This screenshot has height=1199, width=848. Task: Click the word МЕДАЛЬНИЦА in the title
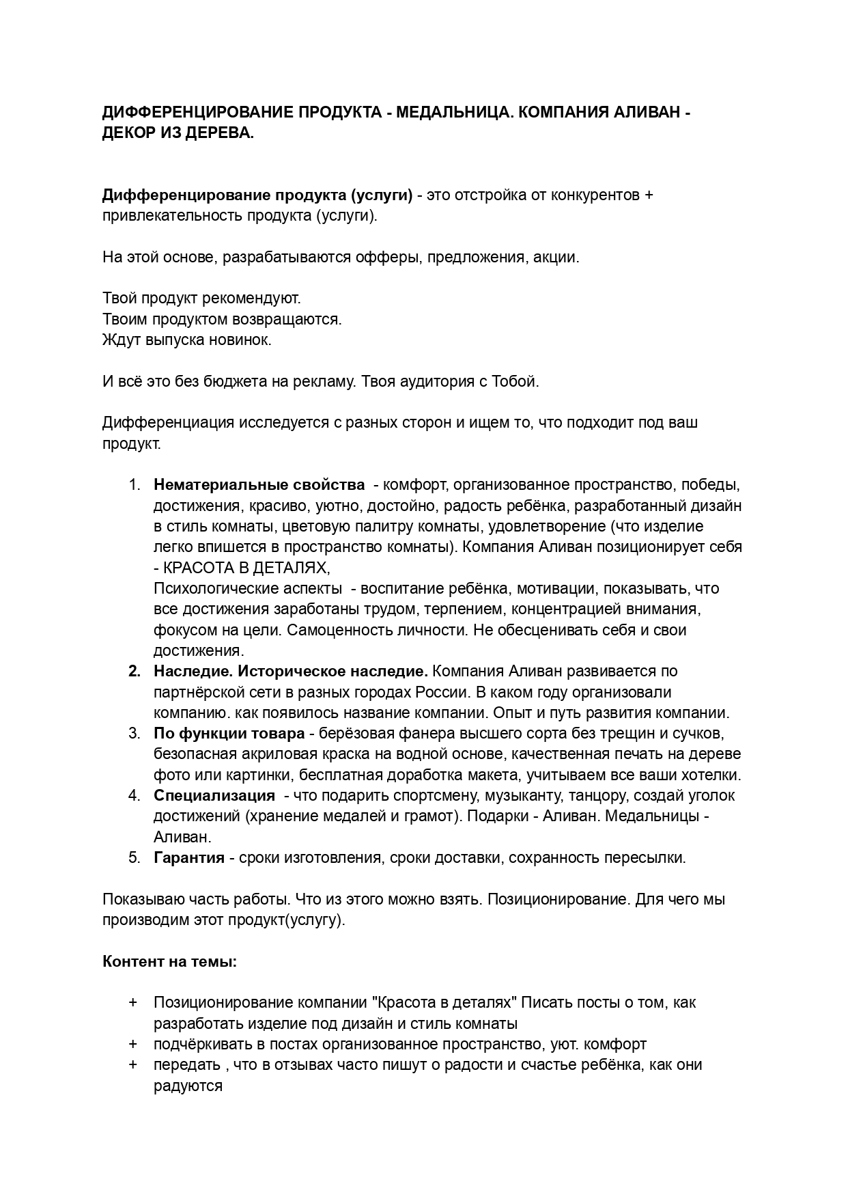point(452,112)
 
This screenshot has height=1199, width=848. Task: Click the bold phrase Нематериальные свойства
point(259,485)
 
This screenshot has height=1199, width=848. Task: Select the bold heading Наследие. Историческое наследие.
point(291,671)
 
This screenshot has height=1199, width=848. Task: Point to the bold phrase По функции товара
point(229,734)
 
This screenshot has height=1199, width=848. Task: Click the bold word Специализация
point(214,795)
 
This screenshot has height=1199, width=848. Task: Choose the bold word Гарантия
point(189,857)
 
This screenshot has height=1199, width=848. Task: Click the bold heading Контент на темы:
point(170,961)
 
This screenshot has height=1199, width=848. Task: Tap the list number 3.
point(134,734)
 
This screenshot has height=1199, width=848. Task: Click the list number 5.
point(134,857)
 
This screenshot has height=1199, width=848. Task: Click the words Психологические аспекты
point(248,588)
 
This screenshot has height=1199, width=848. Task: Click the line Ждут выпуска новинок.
point(187,340)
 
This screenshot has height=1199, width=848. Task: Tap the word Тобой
point(515,381)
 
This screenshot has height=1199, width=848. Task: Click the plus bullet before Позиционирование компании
point(132,1003)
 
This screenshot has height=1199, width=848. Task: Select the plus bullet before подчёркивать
point(132,1044)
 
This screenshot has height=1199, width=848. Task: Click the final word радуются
point(188,1086)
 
